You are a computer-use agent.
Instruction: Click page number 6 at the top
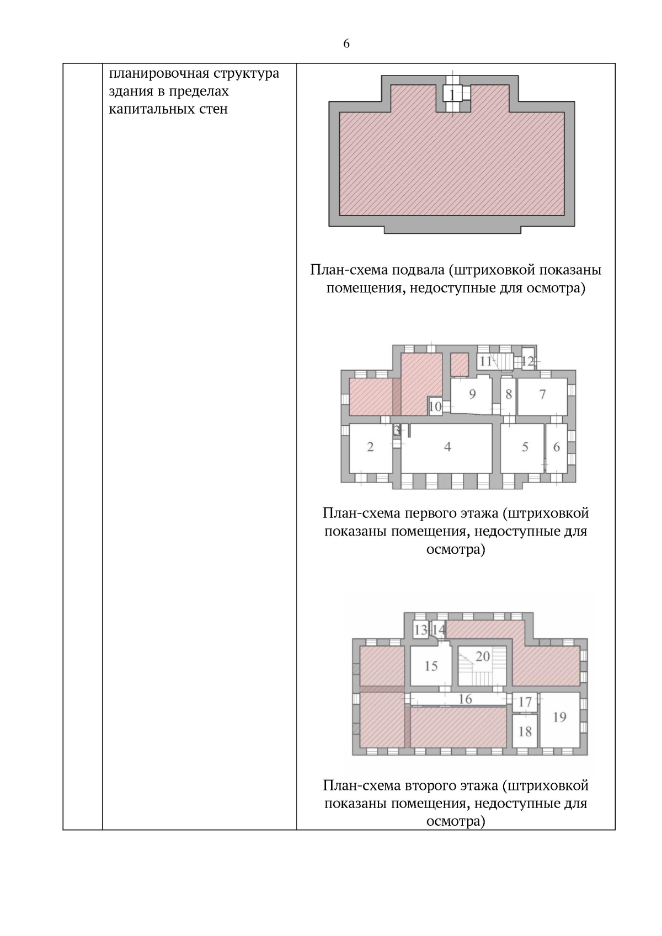coord(346,44)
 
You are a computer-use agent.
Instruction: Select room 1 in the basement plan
coord(452,95)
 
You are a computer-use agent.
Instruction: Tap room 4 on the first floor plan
coord(447,447)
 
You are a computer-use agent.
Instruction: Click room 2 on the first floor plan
coord(370,447)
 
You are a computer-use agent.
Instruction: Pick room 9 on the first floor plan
coord(472,394)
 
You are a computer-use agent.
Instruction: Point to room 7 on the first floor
coord(542,394)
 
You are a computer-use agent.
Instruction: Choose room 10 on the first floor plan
coord(435,407)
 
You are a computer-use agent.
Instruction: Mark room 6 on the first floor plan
coord(556,447)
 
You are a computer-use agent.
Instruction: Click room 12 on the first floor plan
coord(528,361)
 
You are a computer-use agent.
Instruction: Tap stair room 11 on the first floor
coord(486,362)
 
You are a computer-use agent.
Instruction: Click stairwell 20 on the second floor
coord(482,657)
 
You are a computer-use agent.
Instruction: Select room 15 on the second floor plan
coord(431,666)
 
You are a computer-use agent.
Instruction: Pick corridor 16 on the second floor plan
coord(465,699)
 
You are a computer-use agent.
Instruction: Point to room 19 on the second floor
coord(559,717)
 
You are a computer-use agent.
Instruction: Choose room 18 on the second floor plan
coord(525,731)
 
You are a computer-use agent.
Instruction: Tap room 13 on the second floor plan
coord(421,630)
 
